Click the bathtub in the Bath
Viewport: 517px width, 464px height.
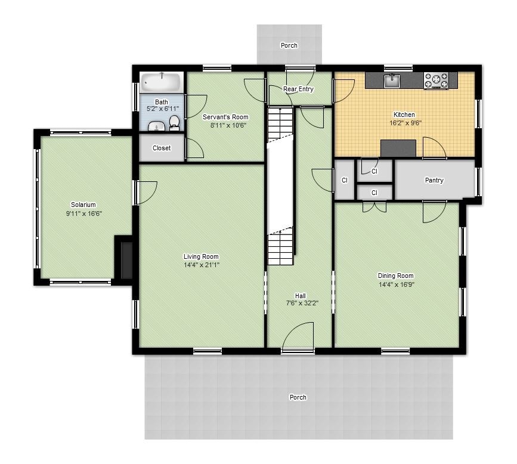tap(162, 82)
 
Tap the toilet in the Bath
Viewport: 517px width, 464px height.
tap(174, 123)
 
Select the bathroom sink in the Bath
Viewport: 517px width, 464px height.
tap(156, 126)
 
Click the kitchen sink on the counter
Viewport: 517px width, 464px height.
tap(392, 81)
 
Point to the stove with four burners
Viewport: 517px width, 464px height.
tap(436, 81)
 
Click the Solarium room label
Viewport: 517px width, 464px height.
tap(83, 205)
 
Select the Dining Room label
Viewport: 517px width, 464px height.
tap(395, 276)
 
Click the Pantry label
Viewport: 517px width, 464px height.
tap(434, 180)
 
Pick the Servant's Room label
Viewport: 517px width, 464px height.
tap(225, 117)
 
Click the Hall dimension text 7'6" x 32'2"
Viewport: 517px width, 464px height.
tap(302, 303)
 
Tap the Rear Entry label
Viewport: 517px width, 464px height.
tap(298, 89)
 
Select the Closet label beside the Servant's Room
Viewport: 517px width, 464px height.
tap(162, 148)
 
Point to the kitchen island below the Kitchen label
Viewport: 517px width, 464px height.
tap(398, 148)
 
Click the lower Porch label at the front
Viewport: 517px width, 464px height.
tap(298, 397)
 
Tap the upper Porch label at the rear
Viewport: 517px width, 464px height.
tap(289, 45)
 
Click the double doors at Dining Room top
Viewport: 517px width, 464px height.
tap(374, 206)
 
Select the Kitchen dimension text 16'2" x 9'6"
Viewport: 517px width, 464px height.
tap(404, 123)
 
